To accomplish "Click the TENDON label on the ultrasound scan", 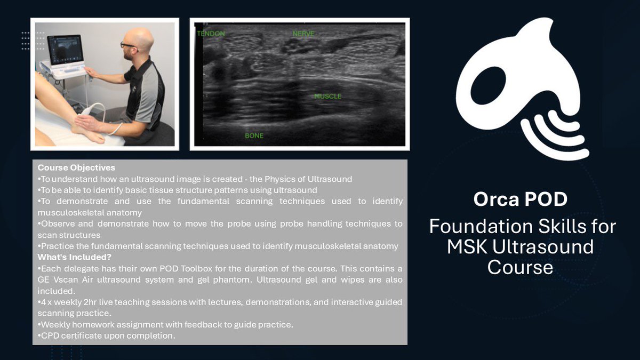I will point(211,34).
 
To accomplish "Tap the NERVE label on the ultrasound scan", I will point(303,34).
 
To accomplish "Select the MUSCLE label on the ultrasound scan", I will point(327,97).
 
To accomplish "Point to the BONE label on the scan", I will point(254,135).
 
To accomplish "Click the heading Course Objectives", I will point(76,168).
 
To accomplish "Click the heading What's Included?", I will point(71,257).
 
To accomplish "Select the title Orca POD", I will point(520,199).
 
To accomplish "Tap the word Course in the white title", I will point(520,267).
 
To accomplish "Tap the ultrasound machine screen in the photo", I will point(65,50).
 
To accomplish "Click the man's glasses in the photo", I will point(128,45).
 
